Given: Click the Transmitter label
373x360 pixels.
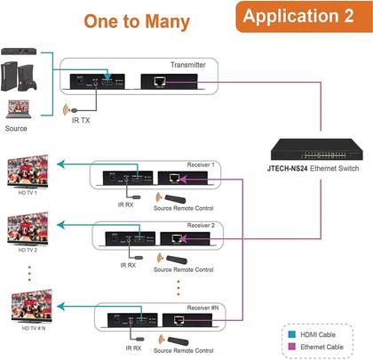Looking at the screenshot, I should coord(187,65).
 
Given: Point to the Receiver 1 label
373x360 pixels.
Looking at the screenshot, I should coord(201,164).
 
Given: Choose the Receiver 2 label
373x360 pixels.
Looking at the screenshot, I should coord(202,226).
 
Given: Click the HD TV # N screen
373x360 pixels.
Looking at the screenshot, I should coord(30,308).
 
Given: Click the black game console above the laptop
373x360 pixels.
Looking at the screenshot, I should coord(23,76).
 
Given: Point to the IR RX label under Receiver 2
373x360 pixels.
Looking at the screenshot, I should coord(131,264).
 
